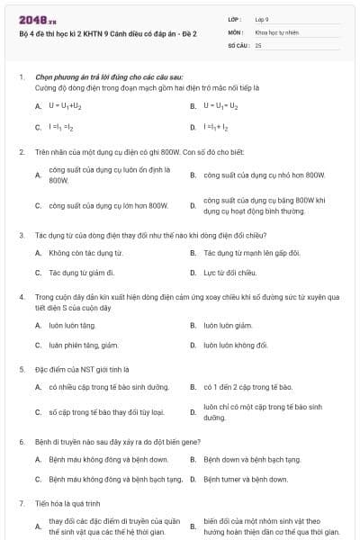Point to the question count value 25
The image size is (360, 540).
258,44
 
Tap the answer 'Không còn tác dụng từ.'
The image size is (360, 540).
85,253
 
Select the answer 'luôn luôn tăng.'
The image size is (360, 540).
72,325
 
